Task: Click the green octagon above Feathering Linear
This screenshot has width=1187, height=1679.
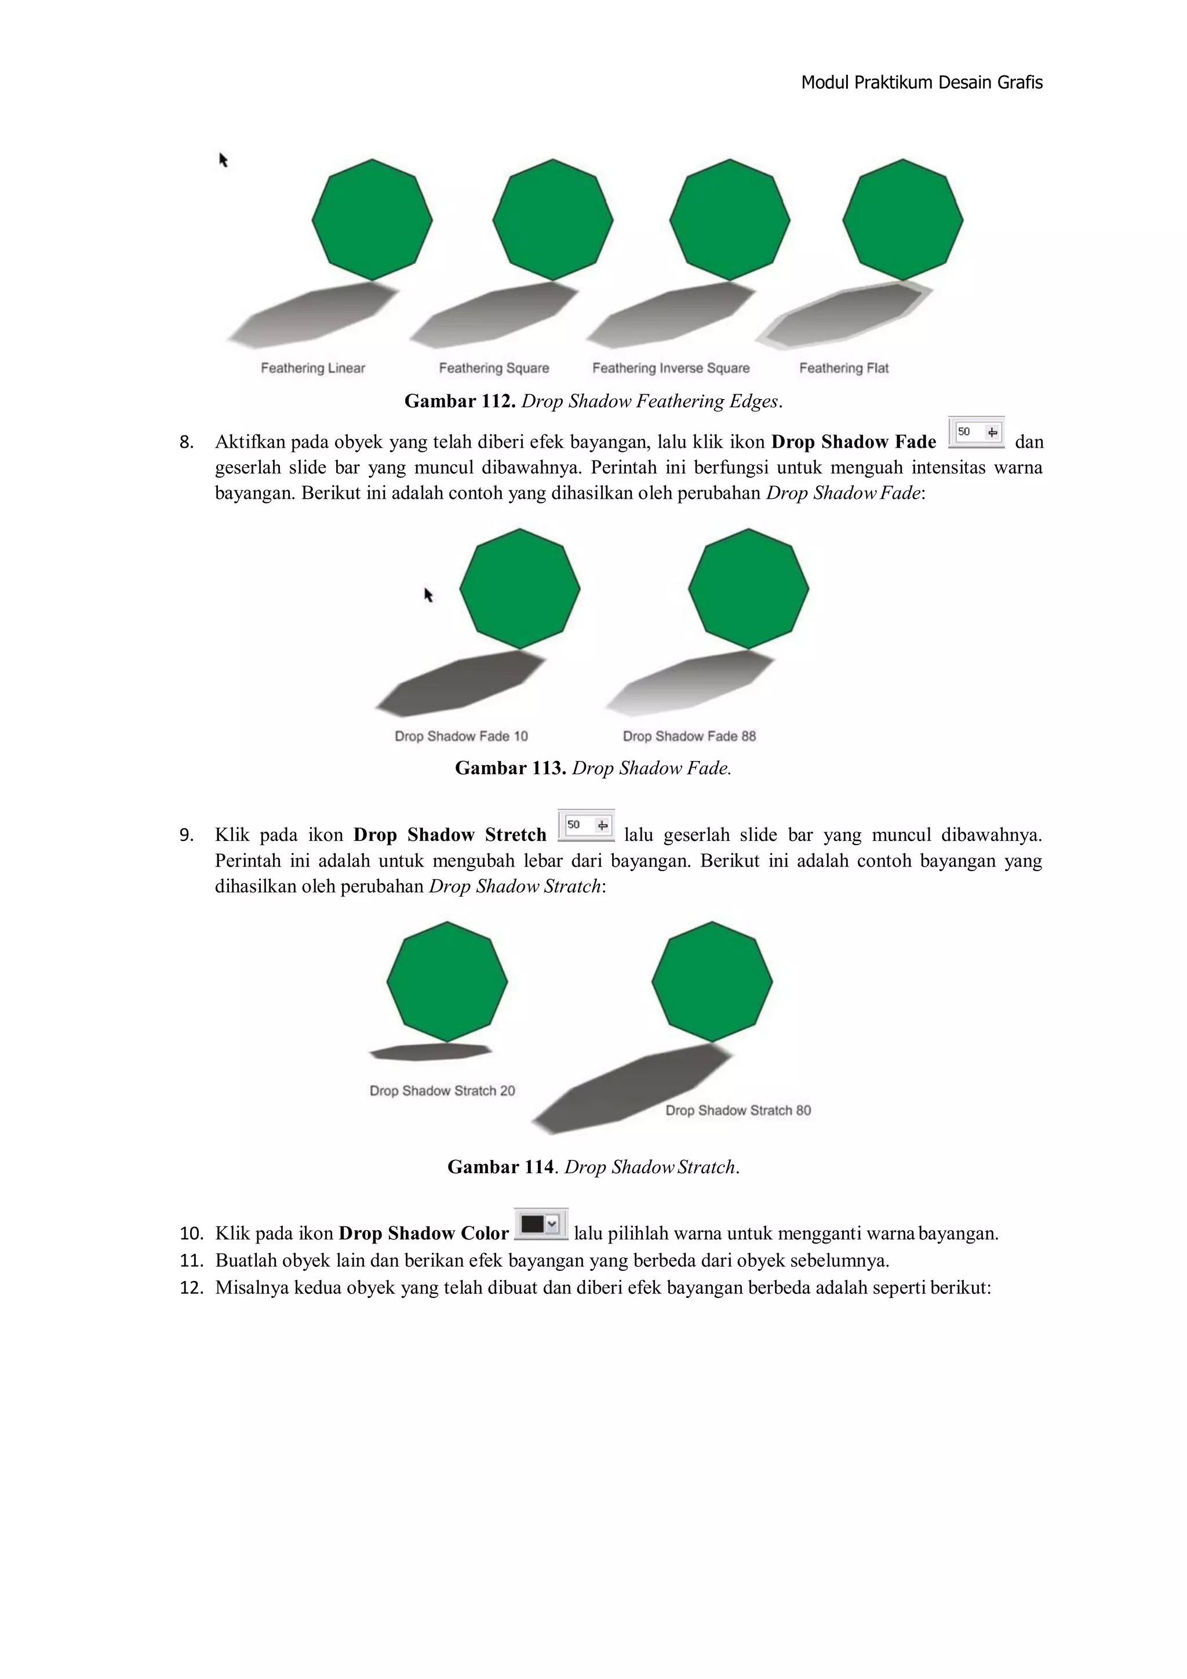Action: coord(372,219)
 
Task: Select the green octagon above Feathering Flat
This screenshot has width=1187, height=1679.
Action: coord(902,219)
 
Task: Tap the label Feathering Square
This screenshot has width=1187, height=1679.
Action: coord(493,368)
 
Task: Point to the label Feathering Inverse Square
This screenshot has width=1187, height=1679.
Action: coord(671,368)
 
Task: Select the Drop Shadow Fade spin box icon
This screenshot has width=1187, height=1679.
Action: coord(977,432)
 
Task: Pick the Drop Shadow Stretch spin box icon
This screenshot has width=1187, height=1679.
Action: coord(586,826)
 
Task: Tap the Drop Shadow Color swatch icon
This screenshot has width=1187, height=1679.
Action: coord(541,1224)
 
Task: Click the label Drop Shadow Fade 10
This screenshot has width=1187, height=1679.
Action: coord(461,737)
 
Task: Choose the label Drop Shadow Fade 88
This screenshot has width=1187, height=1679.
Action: coord(689,737)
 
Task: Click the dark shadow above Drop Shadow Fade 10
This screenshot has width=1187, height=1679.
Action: coord(460,684)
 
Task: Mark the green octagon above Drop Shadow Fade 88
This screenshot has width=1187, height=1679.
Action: coord(748,589)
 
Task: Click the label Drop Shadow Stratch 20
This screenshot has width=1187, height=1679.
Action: coord(442,1091)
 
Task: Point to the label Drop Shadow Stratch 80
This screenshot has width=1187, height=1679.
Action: coord(738,1111)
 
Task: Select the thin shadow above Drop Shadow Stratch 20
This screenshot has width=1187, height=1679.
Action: coord(431,1052)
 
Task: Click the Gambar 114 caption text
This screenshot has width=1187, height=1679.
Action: coord(593,1167)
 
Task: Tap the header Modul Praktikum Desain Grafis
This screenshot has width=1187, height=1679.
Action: coord(922,82)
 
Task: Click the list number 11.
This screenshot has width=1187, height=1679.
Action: coord(191,1261)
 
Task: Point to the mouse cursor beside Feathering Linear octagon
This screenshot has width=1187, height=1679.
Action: coord(224,160)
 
